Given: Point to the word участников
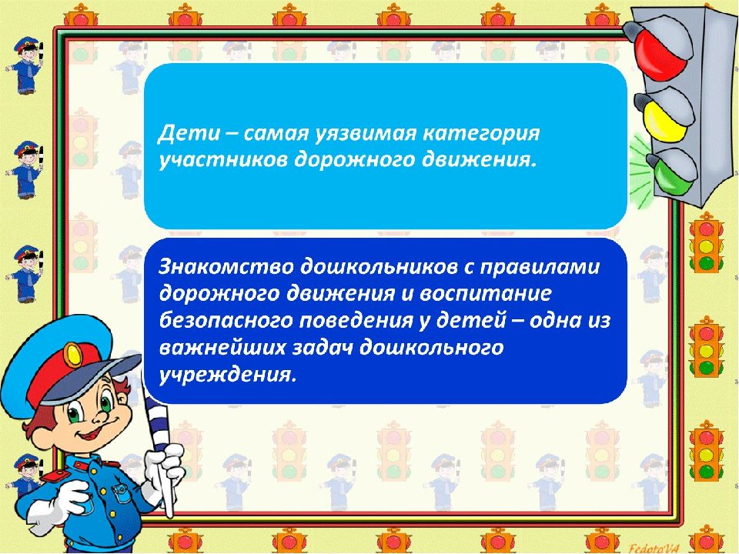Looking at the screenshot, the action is click(x=222, y=161).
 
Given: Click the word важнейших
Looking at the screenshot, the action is click(x=222, y=349).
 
